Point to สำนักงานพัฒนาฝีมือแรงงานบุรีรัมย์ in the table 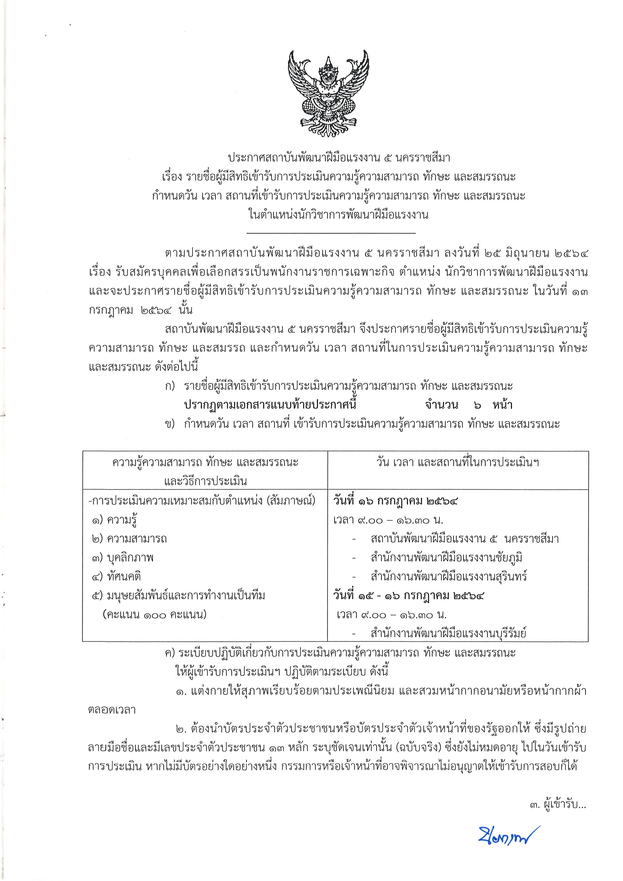(448, 634)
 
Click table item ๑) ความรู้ (114, 520)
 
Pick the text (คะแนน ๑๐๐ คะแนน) (154, 615)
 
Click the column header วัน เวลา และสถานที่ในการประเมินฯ (458, 463)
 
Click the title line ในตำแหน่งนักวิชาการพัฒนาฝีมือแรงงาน (338, 215)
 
